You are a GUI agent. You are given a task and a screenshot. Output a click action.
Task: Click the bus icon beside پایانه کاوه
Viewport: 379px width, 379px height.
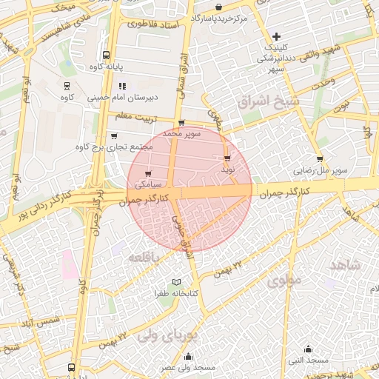click(106, 56)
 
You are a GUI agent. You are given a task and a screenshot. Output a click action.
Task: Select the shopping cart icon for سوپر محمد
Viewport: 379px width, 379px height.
click(181, 124)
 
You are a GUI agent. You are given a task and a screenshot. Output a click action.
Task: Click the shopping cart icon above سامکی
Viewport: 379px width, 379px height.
click(138, 174)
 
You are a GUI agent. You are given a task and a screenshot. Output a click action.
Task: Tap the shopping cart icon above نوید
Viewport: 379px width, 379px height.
click(227, 158)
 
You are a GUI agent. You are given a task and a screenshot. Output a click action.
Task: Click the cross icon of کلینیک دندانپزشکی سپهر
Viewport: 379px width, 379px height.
click(277, 36)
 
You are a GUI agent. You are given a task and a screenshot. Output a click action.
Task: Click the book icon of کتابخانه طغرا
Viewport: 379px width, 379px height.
click(176, 282)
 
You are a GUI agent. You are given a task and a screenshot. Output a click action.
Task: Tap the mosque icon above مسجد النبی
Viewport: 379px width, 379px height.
click(309, 349)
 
